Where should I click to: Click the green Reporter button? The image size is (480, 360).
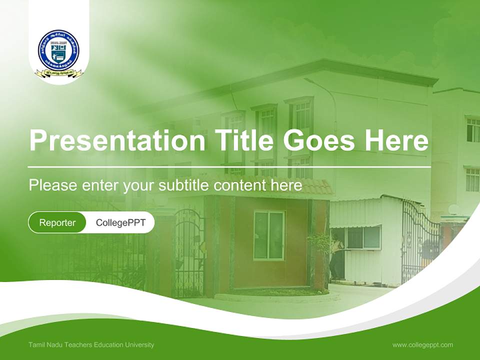[57, 222]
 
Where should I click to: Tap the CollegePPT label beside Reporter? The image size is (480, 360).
[120, 222]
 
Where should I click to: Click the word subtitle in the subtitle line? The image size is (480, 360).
[183, 185]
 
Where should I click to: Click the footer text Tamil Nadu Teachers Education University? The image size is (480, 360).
[91, 344]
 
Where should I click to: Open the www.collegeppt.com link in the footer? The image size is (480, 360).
[422, 344]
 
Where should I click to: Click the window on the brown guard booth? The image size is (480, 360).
[269, 235]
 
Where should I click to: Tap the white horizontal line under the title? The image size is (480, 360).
[229, 167]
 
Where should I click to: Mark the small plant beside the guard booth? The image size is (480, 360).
[320, 245]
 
